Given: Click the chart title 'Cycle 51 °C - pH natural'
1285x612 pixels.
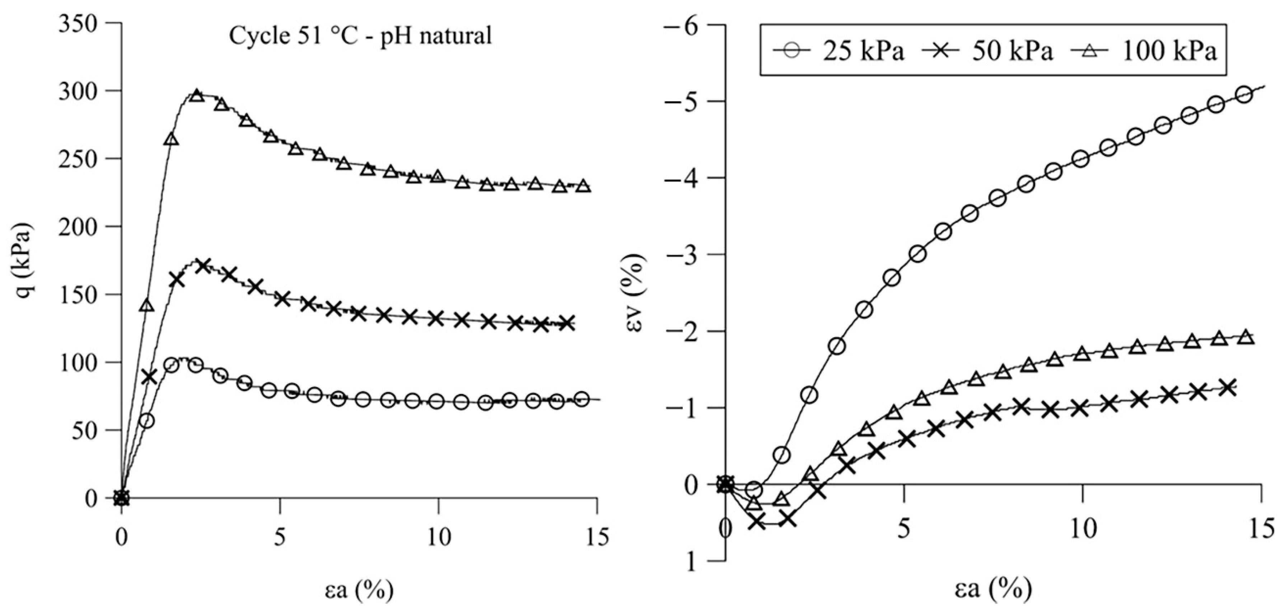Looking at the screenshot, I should [x=360, y=36].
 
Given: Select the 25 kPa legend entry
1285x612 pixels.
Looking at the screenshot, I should [x=838, y=51].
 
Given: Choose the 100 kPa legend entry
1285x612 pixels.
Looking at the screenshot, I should [x=1143, y=51].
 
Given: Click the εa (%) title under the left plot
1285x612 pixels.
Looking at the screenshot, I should [x=360, y=590].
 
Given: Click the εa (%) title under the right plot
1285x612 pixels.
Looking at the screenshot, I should [x=993, y=590].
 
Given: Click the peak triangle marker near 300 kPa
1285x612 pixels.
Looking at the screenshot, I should [x=197, y=95].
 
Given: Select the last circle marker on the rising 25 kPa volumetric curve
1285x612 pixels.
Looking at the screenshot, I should [x=1244, y=95].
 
